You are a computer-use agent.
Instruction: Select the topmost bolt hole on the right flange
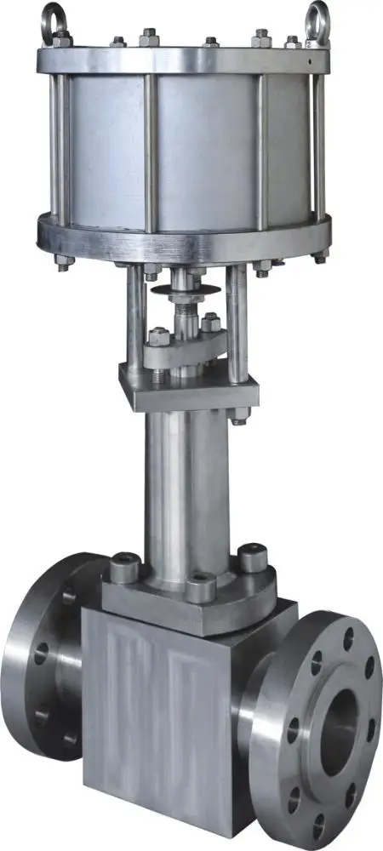pyautogui.click(x=347, y=634)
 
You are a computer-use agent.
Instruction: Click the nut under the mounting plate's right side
pyautogui.click(x=237, y=416)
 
